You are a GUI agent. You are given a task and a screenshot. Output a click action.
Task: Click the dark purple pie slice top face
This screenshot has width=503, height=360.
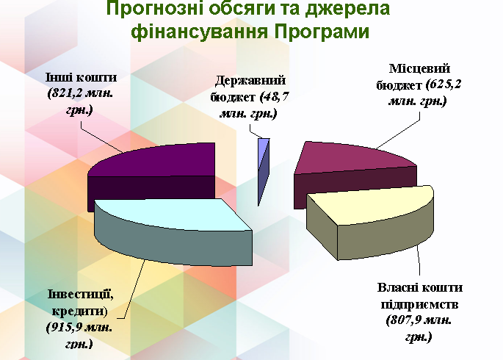click(x=160, y=160)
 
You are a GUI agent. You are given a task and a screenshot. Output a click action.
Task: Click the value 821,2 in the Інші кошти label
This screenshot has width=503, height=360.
click(x=68, y=93)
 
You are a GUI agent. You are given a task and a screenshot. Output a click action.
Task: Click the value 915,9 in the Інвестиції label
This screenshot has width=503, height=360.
click(x=67, y=328)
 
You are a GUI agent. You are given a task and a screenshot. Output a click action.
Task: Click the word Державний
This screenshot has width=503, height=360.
click(x=250, y=80)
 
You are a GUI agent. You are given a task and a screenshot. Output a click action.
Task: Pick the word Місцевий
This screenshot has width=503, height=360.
click(x=419, y=68)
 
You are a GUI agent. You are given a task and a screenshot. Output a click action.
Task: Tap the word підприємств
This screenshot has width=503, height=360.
click(x=419, y=304)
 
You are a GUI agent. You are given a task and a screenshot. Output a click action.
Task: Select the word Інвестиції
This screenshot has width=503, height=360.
click(x=81, y=294)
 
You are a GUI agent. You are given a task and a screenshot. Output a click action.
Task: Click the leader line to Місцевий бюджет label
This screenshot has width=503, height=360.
click(x=398, y=130)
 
